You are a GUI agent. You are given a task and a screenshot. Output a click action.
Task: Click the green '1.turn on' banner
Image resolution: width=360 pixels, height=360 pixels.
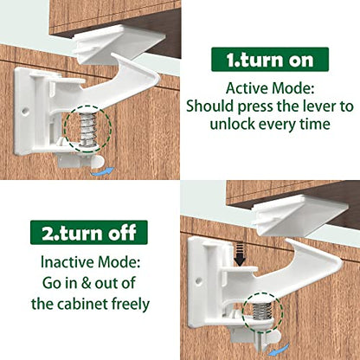point(269,60)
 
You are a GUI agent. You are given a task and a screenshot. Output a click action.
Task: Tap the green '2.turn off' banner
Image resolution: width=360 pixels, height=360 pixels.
point(89,232)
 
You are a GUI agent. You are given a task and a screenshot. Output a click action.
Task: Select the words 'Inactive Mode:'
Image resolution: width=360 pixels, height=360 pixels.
point(89,260)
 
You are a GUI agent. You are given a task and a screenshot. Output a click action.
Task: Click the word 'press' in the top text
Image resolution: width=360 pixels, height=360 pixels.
point(267,107)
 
